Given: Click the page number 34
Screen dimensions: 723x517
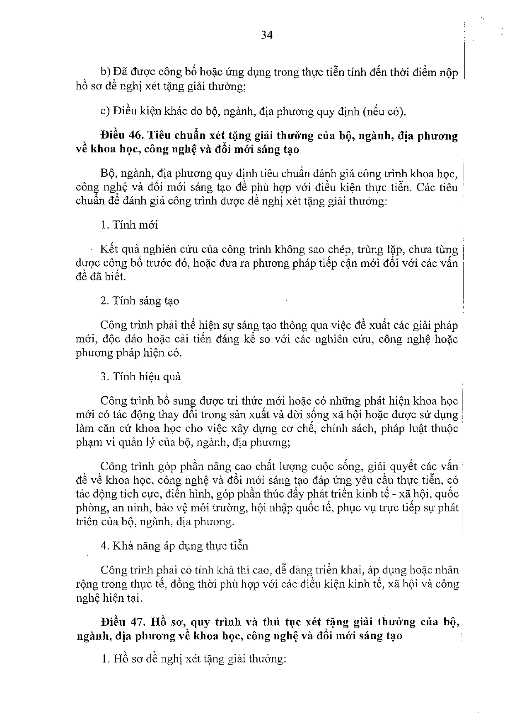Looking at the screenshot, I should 267,35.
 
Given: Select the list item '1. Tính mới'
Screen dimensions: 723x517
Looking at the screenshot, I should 129,225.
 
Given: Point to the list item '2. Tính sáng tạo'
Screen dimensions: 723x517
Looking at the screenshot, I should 140,301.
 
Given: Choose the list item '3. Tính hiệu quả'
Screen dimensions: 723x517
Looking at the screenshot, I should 140,377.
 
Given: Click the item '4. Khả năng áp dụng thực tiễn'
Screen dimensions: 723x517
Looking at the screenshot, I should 174,546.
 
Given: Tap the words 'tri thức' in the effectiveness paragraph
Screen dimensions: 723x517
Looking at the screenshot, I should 249,401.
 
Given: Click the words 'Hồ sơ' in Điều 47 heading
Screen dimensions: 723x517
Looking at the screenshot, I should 167,622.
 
